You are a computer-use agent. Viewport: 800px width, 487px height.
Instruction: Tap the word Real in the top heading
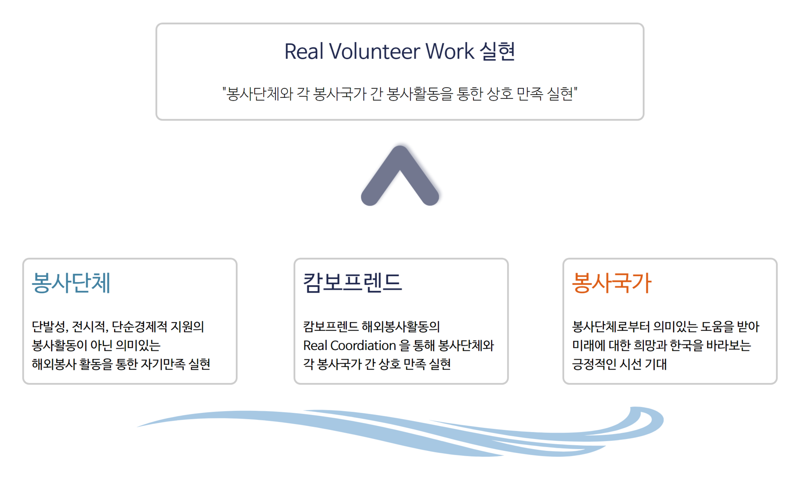(304, 51)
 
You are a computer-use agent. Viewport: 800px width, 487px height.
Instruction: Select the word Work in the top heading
(450, 51)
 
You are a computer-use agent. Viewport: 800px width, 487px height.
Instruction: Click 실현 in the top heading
(497, 51)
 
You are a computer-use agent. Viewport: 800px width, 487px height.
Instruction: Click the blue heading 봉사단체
(71, 283)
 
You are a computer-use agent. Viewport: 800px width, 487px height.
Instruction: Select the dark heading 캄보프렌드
(352, 282)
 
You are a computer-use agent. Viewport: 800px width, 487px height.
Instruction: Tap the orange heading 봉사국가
(611, 283)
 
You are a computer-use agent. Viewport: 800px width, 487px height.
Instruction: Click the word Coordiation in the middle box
(363, 345)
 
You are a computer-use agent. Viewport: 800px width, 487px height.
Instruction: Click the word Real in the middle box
(315, 345)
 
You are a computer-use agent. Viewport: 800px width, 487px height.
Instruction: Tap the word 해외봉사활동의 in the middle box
(401, 327)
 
